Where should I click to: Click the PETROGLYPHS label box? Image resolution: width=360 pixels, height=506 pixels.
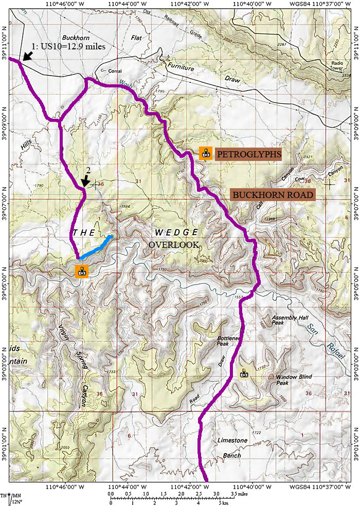click(248, 154)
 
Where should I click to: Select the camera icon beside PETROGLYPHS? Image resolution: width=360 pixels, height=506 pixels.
click(206, 153)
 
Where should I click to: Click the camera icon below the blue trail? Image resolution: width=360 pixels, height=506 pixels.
click(82, 272)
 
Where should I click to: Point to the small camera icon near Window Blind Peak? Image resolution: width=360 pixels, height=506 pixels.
click(244, 373)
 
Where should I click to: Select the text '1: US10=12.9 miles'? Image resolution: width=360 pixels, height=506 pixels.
click(69, 46)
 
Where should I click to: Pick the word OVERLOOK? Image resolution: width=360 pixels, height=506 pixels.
click(174, 245)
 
